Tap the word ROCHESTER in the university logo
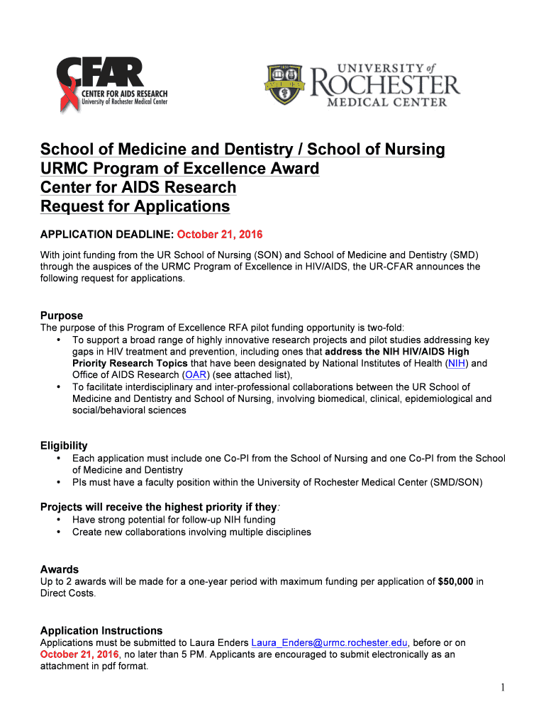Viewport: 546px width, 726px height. [x=386, y=84]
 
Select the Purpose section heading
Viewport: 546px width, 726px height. [x=62, y=315]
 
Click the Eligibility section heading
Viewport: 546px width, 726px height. [x=64, y=446]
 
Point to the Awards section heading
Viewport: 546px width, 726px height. [x=60, y=569]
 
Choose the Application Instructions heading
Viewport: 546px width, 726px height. [x=101, y=630]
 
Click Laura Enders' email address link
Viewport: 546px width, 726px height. [x=330, y=643]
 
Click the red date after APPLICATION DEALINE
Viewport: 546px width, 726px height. [x=220, y=235]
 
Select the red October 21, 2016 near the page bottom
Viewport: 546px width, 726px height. [x=79, y=654]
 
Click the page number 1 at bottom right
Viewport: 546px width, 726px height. [x=501, y=688]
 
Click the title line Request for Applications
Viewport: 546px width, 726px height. [x=135, y=206]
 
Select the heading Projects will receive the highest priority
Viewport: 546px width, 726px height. [x=159, y=507]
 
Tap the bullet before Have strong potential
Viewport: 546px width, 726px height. [x=57, y=520]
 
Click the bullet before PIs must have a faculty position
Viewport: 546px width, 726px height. [x=57, y=483]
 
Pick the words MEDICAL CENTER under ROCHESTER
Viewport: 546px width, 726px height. [x=386, y=102]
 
